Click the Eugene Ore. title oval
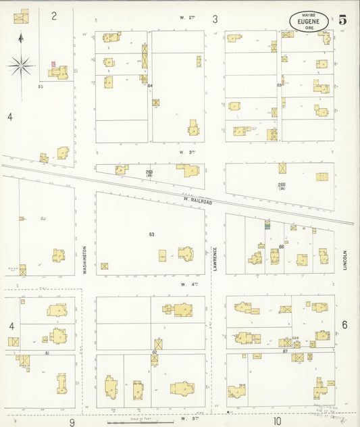[309, 21]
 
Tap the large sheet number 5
[343, 20]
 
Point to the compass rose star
[21, 66]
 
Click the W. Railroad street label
[197, 201]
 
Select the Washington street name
[85, 258]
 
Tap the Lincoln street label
[344, 260]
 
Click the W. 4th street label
[188, 284]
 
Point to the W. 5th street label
[187, 419]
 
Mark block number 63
[152, 234]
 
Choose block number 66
[281, 247]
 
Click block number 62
[154, 352]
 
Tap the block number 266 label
[282, 184]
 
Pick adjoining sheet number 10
[277, 421]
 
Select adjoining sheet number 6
[344, 325]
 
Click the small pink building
[53, 64]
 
